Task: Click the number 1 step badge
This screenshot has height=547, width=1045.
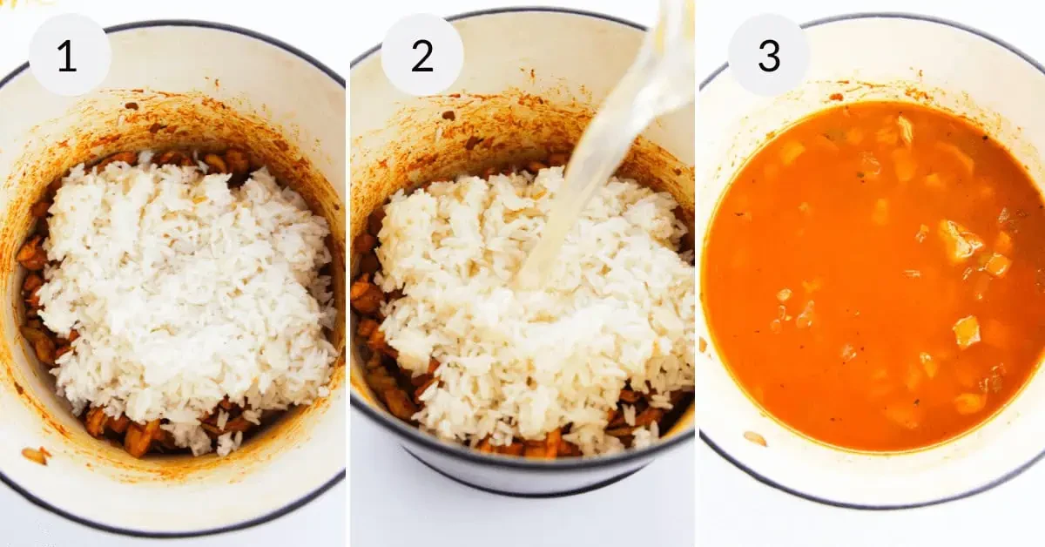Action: click(x=70, y=55)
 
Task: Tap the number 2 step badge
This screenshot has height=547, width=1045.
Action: click(x=422, y=55)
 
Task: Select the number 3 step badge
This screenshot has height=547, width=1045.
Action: click(x=769, y=55)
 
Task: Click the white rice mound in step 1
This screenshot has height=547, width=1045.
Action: click(x=183, y=287)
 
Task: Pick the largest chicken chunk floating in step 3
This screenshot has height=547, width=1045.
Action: click(x=958, y=240)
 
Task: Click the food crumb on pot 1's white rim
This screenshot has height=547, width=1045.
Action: click(x=34, y=455)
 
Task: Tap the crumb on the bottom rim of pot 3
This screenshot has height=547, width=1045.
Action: click(x=754, y=438)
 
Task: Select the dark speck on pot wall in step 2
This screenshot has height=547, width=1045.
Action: click(x=448, y=115)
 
